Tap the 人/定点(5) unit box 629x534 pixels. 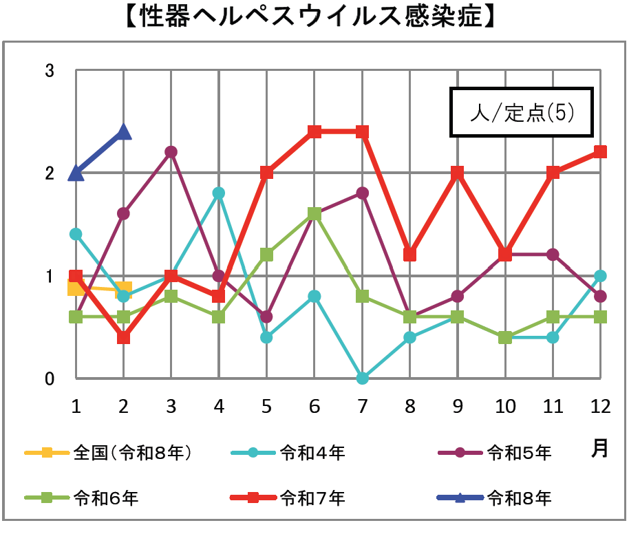pos(521,112)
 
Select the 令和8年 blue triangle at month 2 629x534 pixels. pos(123,131)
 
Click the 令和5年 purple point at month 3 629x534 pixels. pos(171,151)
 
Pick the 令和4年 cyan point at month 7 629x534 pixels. pos(362,378)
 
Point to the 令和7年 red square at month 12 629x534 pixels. pos(600,151)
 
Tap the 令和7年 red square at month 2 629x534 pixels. pos(123,337)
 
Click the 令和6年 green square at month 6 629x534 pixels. pos(314,213)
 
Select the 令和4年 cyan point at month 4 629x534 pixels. pos(219,193)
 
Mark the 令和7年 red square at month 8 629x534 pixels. pos(409,255)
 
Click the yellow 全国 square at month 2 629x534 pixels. pos(123,288)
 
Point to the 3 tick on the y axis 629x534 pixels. pos(49,70)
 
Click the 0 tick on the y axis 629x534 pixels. pos(49,379)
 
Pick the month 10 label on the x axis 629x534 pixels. pos(505,407)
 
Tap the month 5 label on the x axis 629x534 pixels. pos(266,407)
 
